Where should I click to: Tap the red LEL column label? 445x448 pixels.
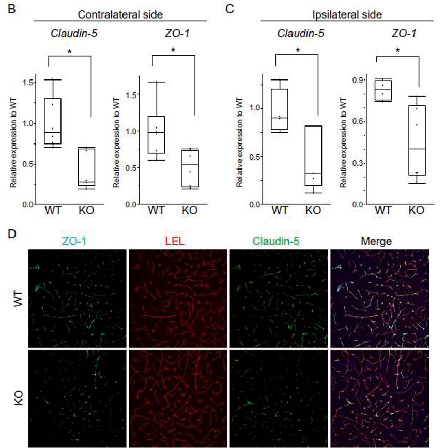click(x=177, y=241)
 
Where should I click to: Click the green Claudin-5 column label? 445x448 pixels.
click(x=278, y=241)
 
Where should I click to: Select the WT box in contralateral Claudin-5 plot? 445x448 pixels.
click(x=52, y=121)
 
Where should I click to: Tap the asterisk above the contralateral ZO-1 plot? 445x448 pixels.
click(x=173, y=50)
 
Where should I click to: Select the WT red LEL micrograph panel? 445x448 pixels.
click(x=177, y=297)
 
